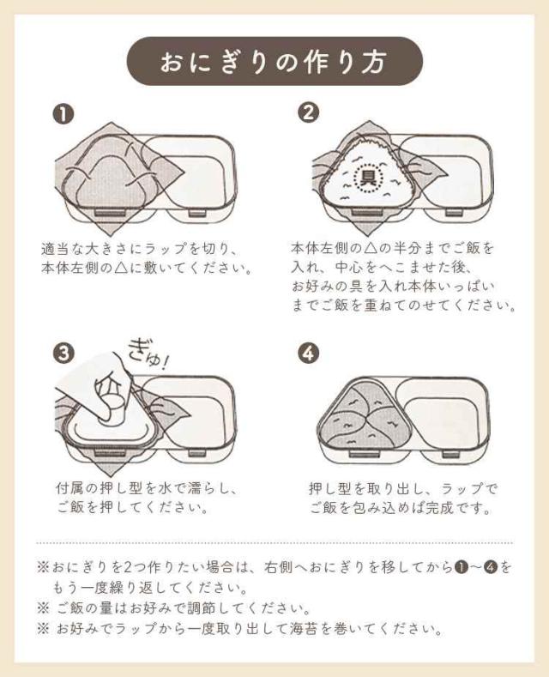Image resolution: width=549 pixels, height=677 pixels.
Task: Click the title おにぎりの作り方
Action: coord(274,62)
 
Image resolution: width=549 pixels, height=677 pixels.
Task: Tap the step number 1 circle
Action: coord(63,114)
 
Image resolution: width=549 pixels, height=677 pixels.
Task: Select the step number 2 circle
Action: coord(309,112)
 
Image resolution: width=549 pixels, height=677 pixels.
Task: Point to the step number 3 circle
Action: coord(63,354)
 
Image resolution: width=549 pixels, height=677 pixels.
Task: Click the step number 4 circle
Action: coord(309,354)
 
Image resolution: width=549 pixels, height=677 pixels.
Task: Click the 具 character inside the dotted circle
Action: coord(368,177)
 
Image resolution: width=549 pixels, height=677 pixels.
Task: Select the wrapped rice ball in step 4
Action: coord(361,418)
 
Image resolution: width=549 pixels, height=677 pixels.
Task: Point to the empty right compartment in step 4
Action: coord(439,420)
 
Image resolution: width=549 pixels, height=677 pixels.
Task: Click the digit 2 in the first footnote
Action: coord(128,566)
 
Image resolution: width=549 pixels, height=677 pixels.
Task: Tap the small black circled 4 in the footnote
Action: coord(491,566)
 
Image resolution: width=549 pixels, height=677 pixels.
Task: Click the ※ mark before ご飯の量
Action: coord(44,607)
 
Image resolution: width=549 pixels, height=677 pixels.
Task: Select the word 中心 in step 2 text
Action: coord(349,267)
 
